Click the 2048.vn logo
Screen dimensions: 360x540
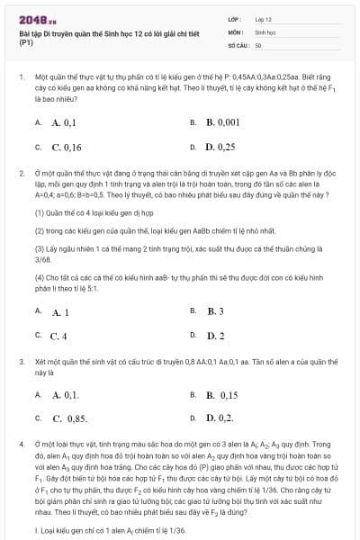click(35, 19)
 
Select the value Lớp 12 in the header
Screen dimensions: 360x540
click(264, 18)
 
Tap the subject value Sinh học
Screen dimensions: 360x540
click(265, 31)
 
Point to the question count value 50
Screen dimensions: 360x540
click(258, 43)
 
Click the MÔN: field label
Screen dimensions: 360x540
click(238, 31)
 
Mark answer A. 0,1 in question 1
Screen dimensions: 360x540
click(64, 122)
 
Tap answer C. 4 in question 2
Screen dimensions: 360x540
click(59, 336)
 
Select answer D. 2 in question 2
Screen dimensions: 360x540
click(215, 336)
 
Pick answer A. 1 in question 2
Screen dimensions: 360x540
click(60, 311)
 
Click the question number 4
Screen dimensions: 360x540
click(20, 445)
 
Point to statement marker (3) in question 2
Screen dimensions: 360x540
click(40, 247)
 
